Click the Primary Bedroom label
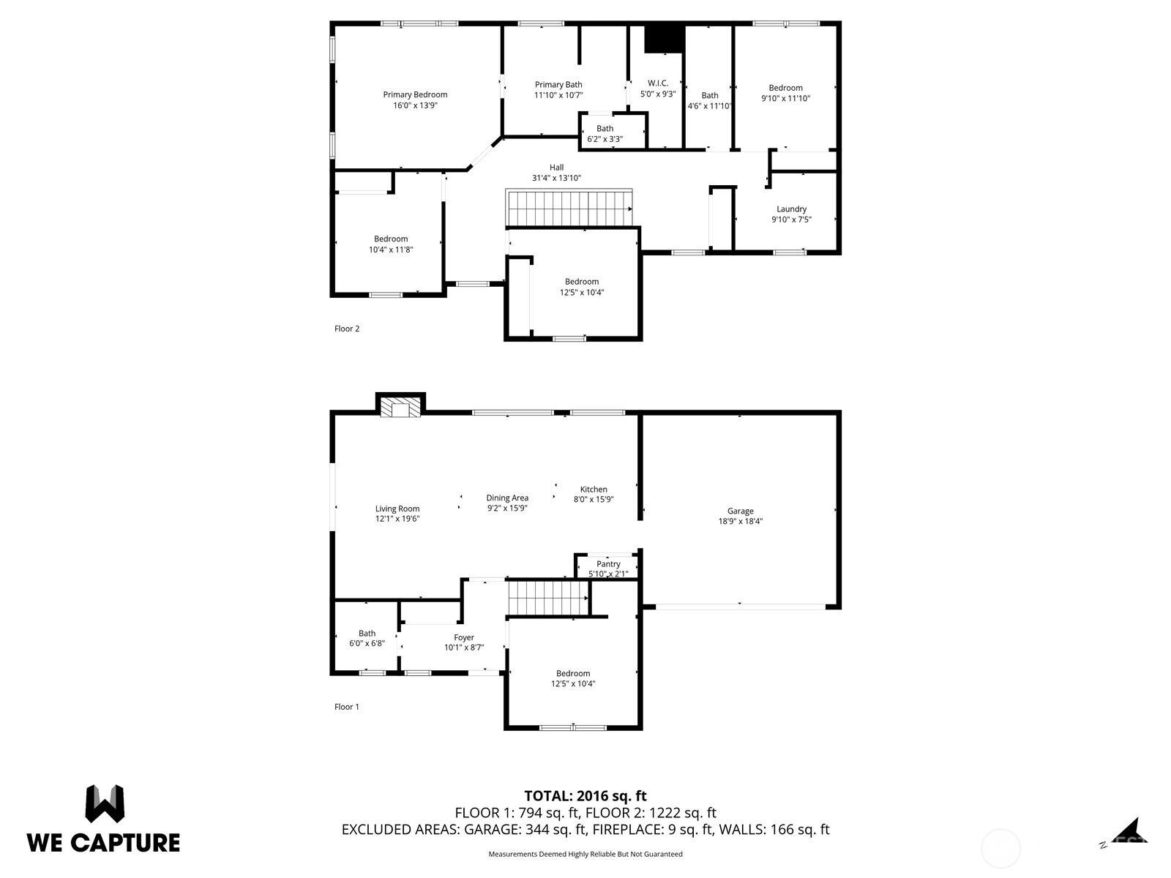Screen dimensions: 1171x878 [415, 94]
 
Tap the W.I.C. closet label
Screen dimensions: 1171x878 [658, 83]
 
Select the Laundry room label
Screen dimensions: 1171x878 [791, 209]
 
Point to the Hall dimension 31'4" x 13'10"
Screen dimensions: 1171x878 [556, 178]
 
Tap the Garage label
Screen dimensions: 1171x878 [740, 511]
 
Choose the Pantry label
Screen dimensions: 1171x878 [608, 564]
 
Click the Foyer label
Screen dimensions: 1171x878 [463, 637]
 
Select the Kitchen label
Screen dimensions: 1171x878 [594, 489]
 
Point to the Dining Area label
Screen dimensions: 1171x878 [506, 498]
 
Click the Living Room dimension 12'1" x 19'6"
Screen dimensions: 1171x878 [397, 519]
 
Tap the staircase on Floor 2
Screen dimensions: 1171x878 [569, 209]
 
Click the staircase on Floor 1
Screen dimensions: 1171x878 [548, 598]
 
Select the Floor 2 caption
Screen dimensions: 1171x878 [347, 329]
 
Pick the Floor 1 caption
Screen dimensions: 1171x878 [347, 707]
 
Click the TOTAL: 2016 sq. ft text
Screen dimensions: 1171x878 [585, 796]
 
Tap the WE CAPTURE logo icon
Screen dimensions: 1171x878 [105, 803]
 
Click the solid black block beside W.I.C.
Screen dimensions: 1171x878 [665, 39]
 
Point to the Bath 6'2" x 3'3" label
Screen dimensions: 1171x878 [605, 134]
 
